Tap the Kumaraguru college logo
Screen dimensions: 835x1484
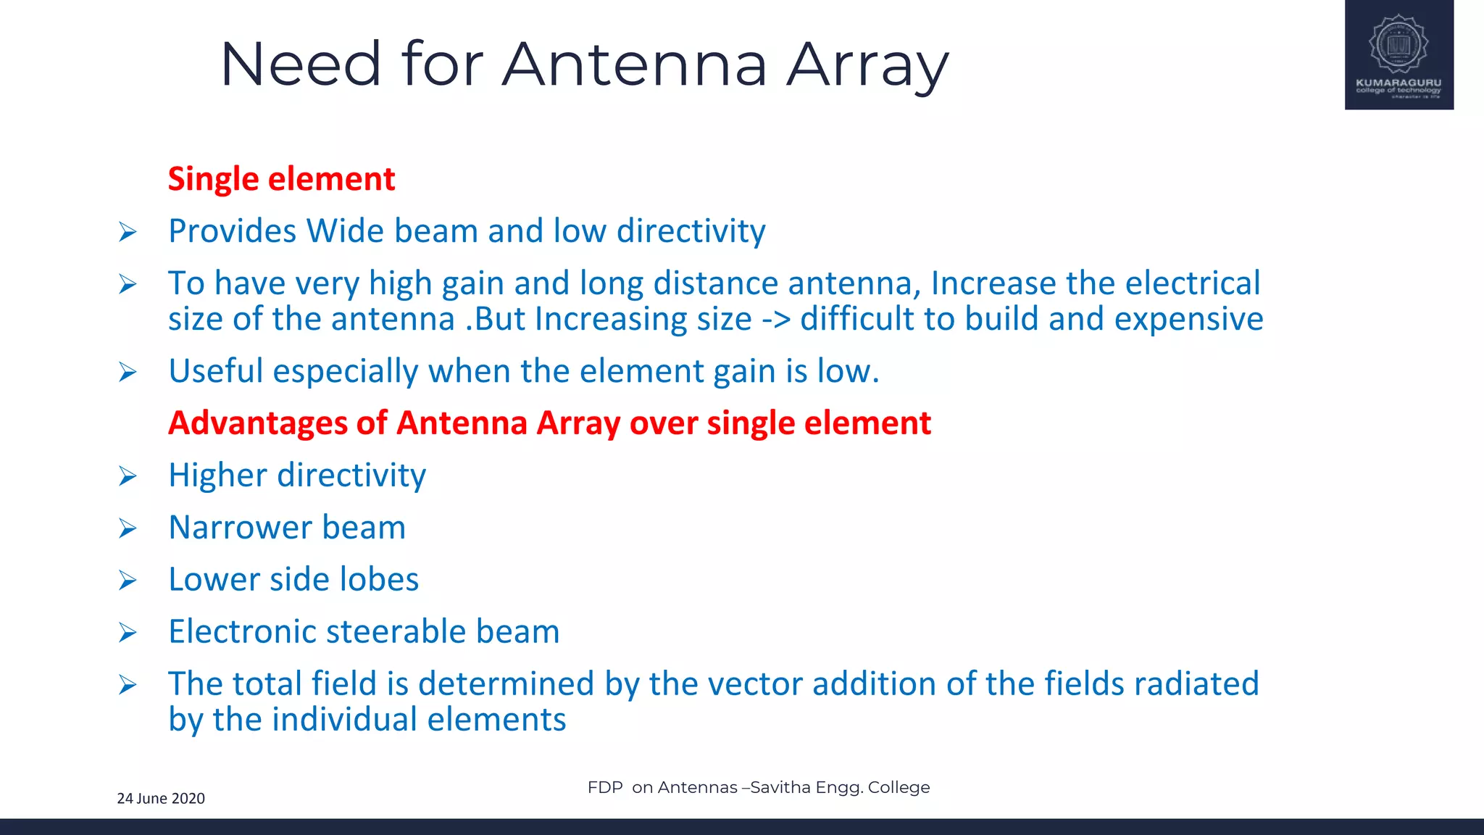coord(1398,54)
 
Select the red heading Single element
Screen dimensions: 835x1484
coord(281,179)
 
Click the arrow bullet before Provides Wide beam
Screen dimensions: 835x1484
coord(128,233)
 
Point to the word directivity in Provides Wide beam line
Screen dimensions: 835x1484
coord(691,232)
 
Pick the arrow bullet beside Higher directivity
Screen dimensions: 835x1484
coord(128,476)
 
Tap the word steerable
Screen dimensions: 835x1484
coord(385,632)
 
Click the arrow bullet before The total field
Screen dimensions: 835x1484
coord(128,685)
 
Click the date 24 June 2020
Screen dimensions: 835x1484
coord(161,799)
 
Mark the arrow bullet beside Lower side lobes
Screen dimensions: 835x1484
coord(128,581)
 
